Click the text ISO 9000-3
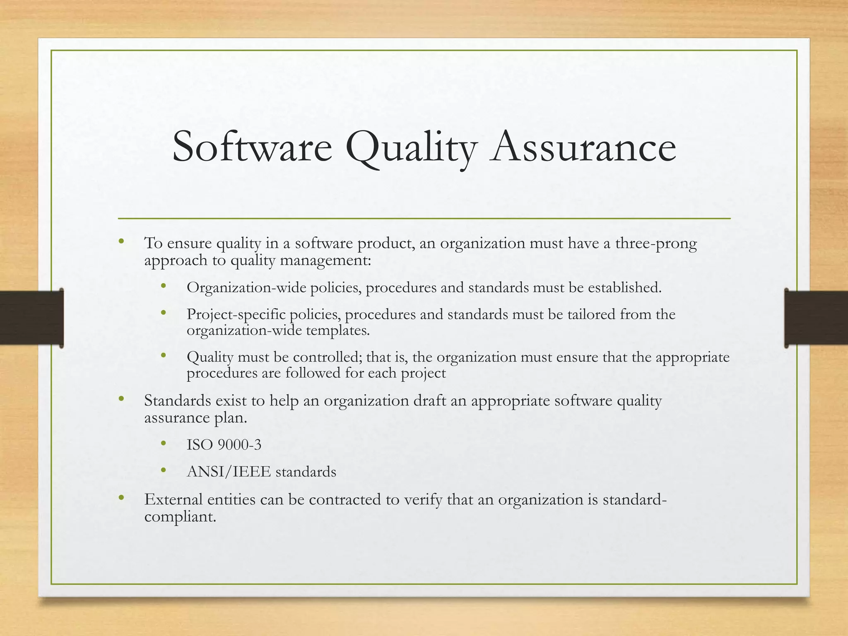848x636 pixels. (224, 445)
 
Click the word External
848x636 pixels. (174, 499)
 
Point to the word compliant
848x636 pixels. (180, 517)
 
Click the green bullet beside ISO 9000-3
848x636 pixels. (164, 443)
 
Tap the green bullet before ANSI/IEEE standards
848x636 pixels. (164, 470)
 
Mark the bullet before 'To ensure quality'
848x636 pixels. (121, 241)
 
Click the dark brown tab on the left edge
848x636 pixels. (31, 318)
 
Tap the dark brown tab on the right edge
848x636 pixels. (816, 318)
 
